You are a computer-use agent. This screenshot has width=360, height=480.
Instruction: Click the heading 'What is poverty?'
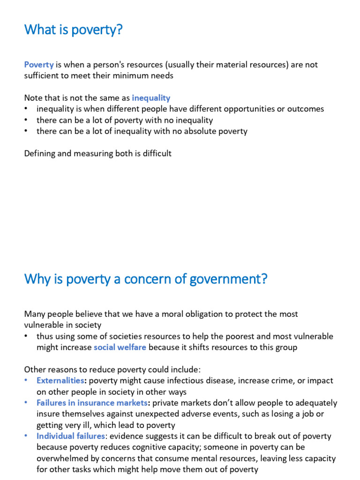tap(73, 30)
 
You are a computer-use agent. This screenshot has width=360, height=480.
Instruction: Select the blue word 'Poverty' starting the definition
tap(39, 65)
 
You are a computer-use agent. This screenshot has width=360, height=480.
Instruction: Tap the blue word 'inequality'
tap(151, 98)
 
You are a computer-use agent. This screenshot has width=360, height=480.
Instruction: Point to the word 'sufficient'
tap(43, 75)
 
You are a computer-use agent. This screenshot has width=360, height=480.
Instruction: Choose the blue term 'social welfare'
tap(120, 347)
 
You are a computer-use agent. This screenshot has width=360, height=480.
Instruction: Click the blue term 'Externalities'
tap(60, 381)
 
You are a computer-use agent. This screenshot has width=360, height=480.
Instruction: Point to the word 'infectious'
tap(181, 381)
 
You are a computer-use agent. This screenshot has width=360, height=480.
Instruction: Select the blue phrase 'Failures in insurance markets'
tap(92, 403)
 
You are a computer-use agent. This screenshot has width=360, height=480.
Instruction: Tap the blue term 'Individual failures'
tap(71, 436)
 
